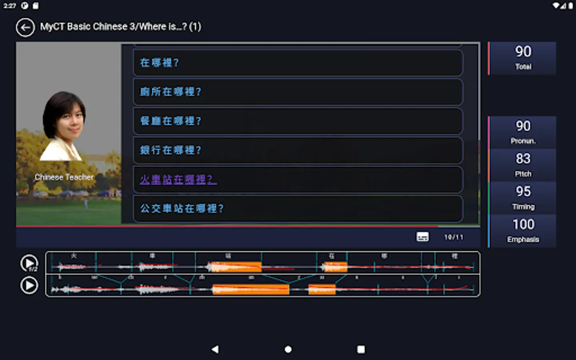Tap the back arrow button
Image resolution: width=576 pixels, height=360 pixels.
pos(25,28)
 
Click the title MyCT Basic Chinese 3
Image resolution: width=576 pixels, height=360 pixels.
pos(120,27)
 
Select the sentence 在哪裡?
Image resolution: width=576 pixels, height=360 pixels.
pos(298,62)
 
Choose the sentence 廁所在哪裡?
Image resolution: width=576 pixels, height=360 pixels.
pos(298,92)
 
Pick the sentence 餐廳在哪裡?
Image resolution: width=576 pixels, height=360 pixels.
pos(298,121)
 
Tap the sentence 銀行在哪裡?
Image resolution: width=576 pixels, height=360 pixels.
pos(298,150)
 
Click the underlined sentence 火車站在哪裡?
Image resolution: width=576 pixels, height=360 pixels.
pos(178,179)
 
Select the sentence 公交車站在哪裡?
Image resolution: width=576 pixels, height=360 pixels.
pos(298,208)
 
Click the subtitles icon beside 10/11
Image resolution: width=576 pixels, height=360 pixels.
pos(422,237)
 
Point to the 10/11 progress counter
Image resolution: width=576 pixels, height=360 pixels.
pos(454,237)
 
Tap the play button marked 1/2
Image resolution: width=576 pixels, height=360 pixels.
pos(29,263)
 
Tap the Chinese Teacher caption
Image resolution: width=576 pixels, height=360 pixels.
pos(64,177)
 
